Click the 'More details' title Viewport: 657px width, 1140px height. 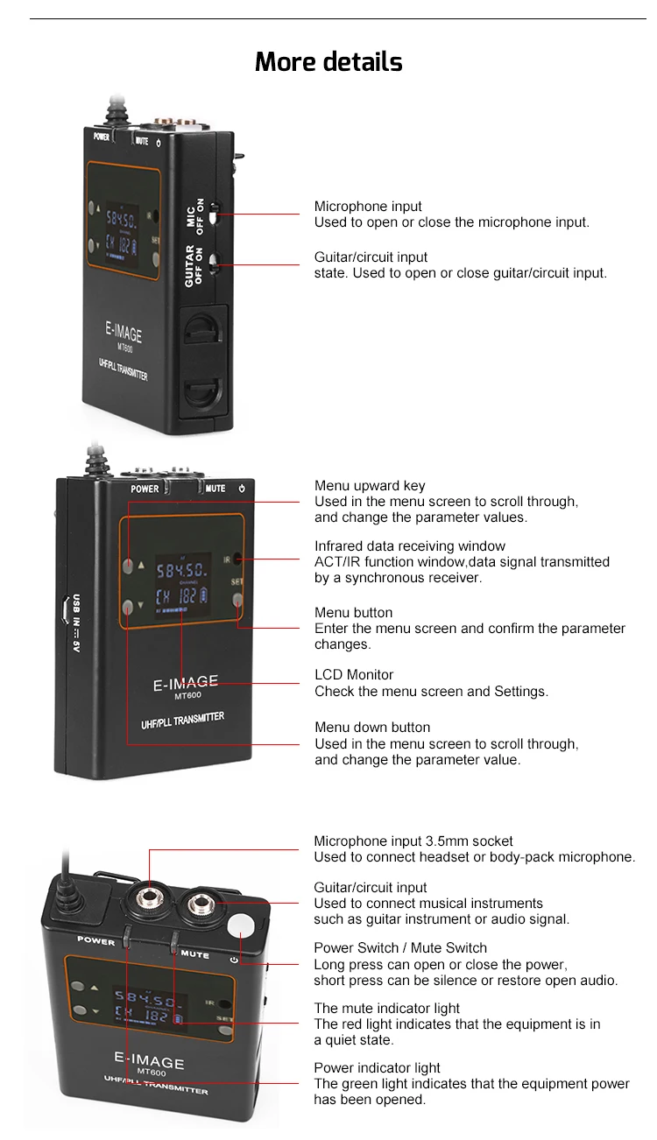point(328,62)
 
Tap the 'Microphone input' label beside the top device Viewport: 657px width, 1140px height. point(368,207)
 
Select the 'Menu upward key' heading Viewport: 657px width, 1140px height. point(370,486)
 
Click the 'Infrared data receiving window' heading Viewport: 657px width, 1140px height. point(410,546)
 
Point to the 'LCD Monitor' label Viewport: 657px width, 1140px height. point(354,675)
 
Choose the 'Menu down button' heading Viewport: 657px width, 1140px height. point(372,728)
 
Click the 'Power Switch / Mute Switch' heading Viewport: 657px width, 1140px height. point(400,948)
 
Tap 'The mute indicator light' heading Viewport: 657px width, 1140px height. point(386,1009)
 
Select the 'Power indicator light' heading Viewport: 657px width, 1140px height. point(377,1068)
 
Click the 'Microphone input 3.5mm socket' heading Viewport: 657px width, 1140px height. point(413,841)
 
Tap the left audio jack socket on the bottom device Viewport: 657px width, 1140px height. point(149,899)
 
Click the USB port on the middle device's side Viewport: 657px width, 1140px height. point(67,609)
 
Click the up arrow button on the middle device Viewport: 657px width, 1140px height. point(129,566)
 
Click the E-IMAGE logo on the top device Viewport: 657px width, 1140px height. point(124,333)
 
